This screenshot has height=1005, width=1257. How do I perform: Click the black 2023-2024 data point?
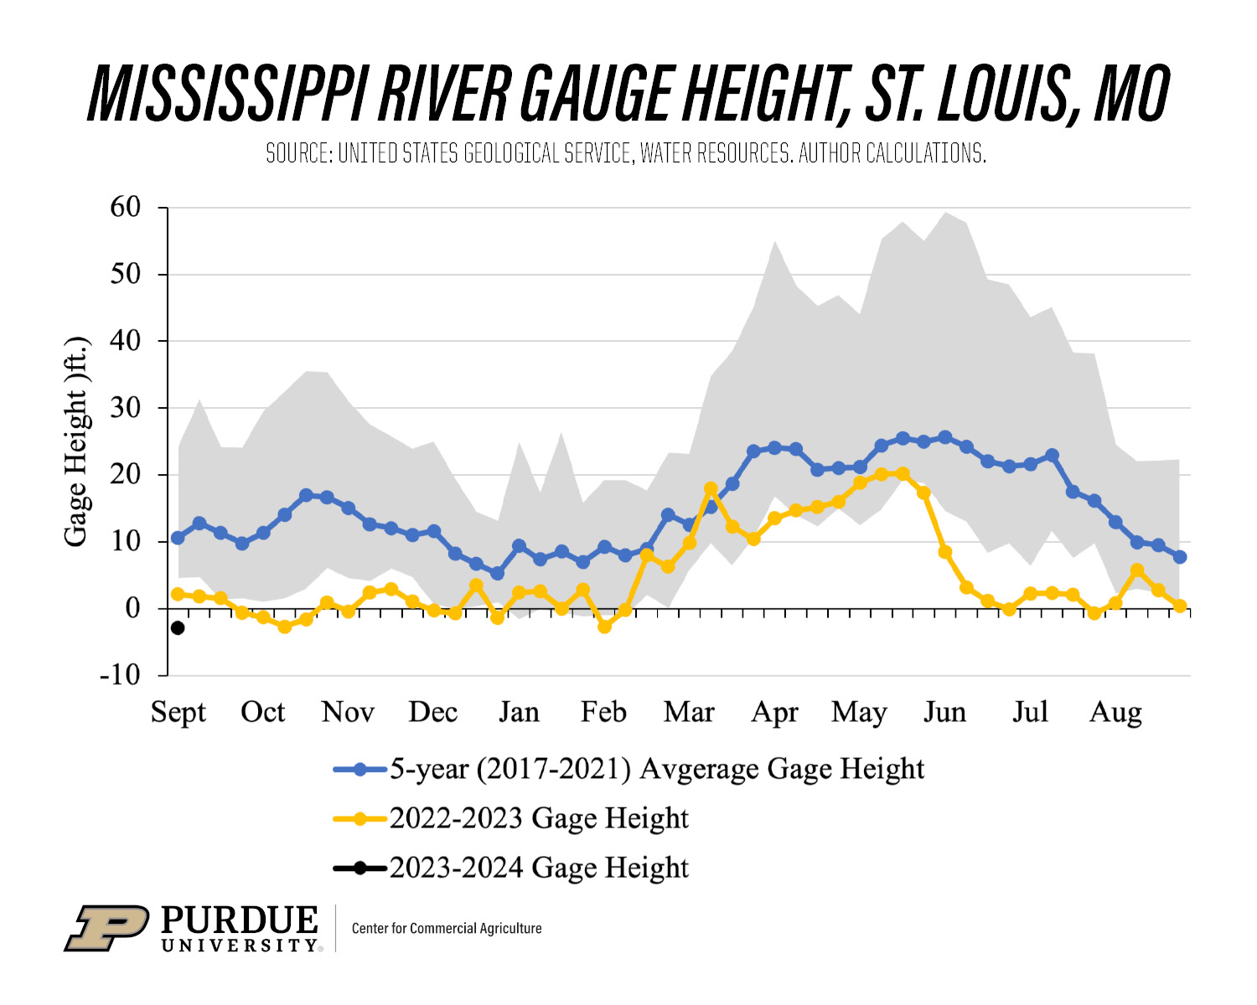(178, 628)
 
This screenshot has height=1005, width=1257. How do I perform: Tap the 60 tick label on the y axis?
(126, 207)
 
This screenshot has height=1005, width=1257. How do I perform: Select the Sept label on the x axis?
(178, 712)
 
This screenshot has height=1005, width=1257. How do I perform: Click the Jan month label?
(519, 712)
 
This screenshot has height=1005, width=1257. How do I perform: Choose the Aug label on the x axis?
(1115, 712)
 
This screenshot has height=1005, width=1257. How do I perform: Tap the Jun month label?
(944, 712)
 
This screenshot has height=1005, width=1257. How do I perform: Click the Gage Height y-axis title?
(76, 441)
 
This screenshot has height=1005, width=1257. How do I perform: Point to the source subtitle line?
(626, 153)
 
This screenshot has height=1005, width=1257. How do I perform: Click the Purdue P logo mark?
(107, 928)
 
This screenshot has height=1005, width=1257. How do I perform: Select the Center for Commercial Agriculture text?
(447, 928)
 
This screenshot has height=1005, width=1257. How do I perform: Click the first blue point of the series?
(178, 538)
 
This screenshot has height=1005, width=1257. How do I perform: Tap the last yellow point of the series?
(1180, 606)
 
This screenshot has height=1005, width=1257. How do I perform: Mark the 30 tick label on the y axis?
(126, 408)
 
